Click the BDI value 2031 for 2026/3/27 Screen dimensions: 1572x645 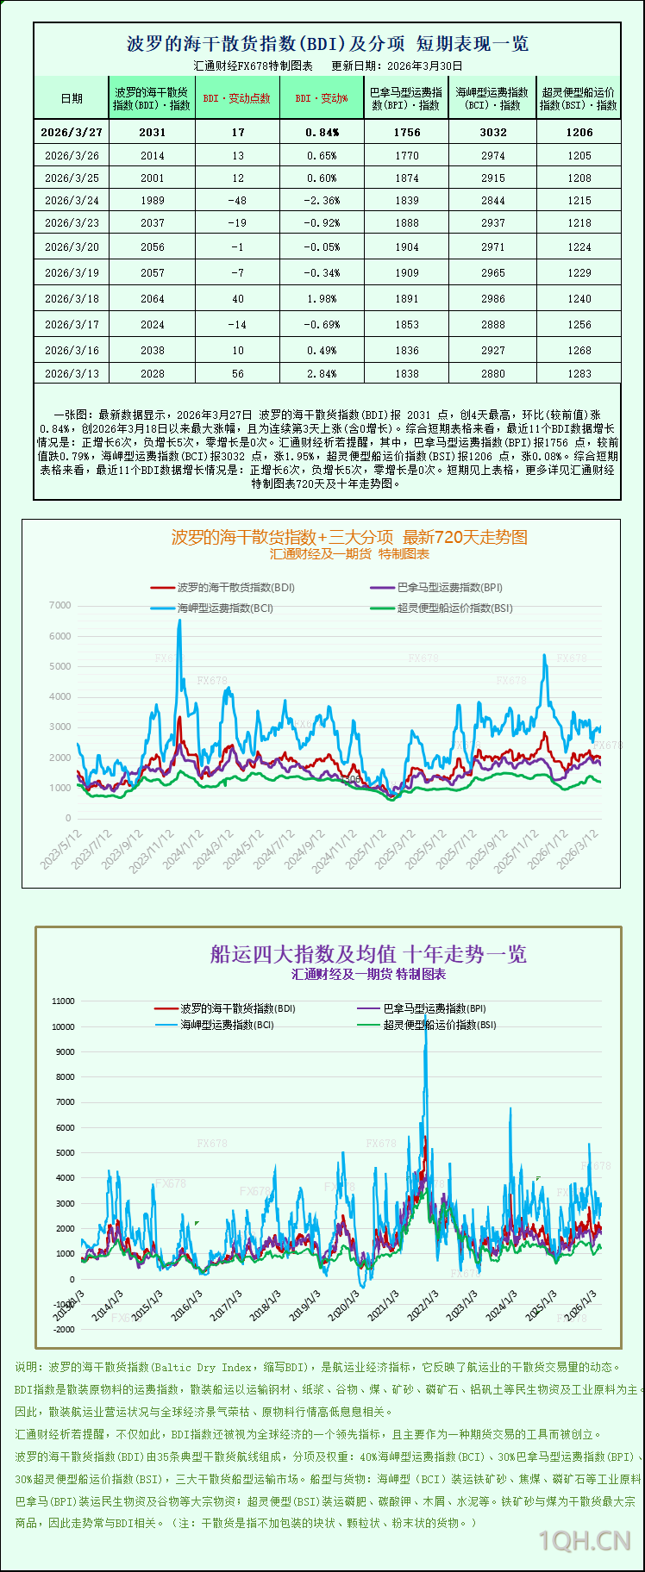tap(152, 133)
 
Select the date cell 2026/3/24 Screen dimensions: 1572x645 tap(72, 201)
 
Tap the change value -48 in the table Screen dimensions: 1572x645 tap(237, 201)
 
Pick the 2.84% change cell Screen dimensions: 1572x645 tap(322, 374)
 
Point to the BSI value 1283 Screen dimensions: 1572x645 tap(579, 374)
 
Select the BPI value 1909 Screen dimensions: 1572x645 tap(406, 273)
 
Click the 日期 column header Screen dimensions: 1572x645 tap(72, 98)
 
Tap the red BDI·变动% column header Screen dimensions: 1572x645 tap(322, 98)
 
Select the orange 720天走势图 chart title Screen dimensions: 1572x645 tap(349, 537)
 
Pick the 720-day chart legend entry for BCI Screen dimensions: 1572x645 tap(224, 608)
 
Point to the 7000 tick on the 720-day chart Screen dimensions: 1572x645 tap(60, 606)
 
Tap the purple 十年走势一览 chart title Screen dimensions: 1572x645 tap(368, 954)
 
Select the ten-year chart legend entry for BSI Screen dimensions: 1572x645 tap(439, 1026)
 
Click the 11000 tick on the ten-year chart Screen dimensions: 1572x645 tap(64, 1001)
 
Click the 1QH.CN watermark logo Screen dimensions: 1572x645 tap(585, 1540)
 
